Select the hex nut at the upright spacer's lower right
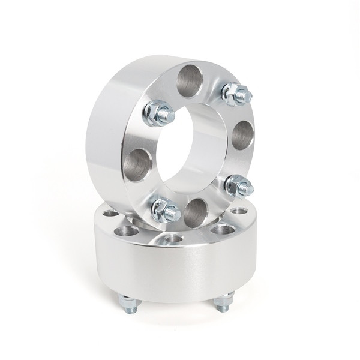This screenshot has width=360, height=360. (x=239, y=185)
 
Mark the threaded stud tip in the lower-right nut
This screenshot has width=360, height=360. (x=248, y=189)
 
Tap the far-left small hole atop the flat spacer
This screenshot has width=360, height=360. (x=110, y=213)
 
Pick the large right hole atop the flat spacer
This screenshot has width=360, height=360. (x=223, y=229)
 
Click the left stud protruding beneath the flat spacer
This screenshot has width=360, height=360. (x=127, y=301)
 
